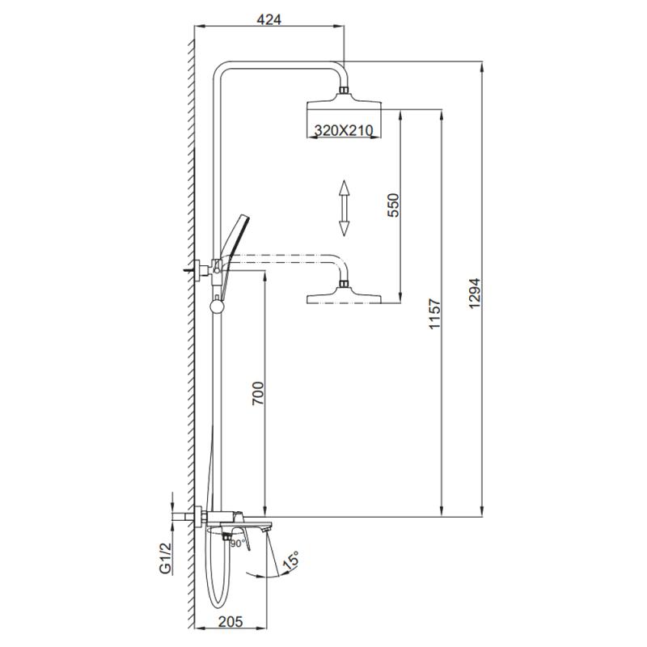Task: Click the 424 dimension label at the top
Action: (269, 19)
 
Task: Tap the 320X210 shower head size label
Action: (344, 130)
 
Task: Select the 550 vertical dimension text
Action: (393, 205)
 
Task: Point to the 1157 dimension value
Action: (434, 314)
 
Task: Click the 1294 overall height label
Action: (475, 293)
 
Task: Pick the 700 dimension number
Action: (257, 393)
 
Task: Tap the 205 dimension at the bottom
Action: (230, 621)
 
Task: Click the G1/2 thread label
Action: (165, 558)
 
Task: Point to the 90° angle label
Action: (238, 543)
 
